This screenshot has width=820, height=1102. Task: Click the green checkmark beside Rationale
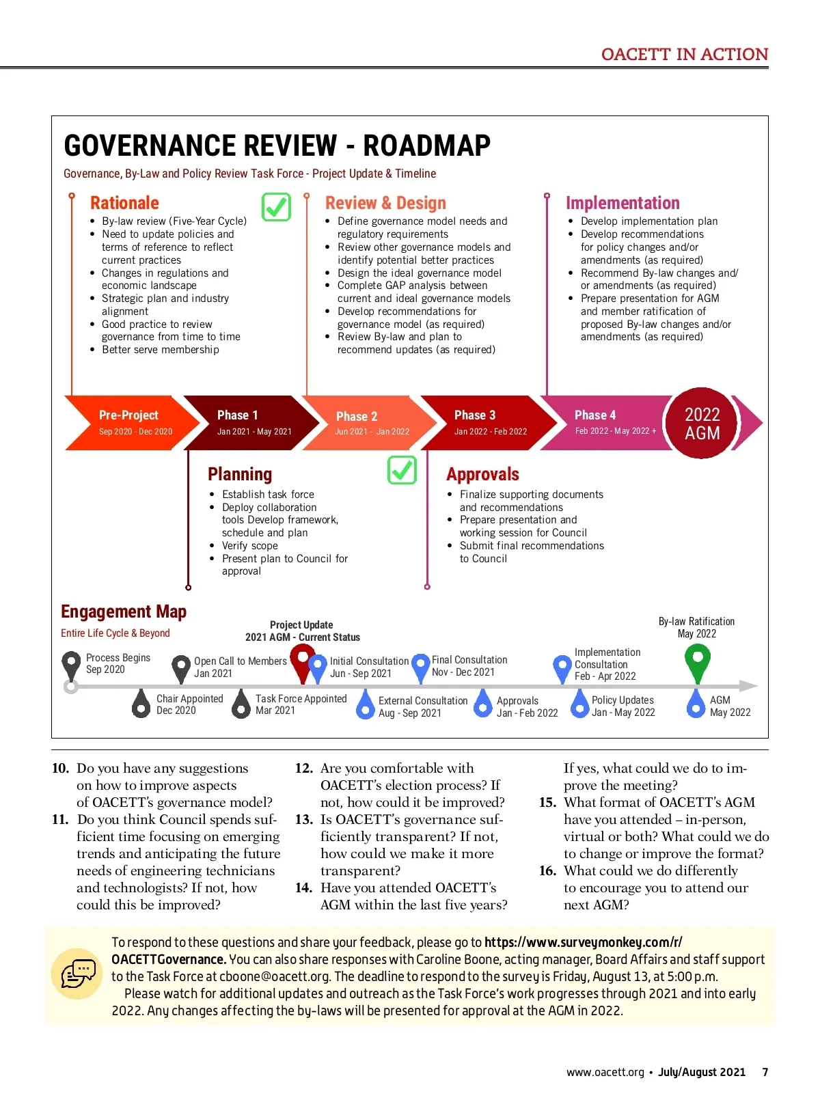[276, 206]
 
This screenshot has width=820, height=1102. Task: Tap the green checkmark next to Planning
[402, 470]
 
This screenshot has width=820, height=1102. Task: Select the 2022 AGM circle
[702, 424]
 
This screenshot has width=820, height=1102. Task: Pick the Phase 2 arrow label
[357, 416]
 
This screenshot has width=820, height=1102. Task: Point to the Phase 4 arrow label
[595, 415]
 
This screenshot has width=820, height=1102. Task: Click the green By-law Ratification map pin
[697, 662]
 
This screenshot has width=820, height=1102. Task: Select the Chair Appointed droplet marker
[141, 704]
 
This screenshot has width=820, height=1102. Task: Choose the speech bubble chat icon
[78, 974]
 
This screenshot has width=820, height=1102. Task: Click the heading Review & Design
[385, 203]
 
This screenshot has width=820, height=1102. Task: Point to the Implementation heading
[623, 203]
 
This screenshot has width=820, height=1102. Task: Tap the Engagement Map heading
[124, 611]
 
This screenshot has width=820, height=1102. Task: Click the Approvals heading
[482, 474]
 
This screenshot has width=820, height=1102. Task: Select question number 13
[304, 819]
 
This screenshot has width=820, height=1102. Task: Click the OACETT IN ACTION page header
[685, 55]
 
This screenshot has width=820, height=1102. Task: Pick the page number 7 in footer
[765, 1072]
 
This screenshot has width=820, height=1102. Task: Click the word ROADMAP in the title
[426, 146]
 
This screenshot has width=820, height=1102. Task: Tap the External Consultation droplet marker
[366, 704]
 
